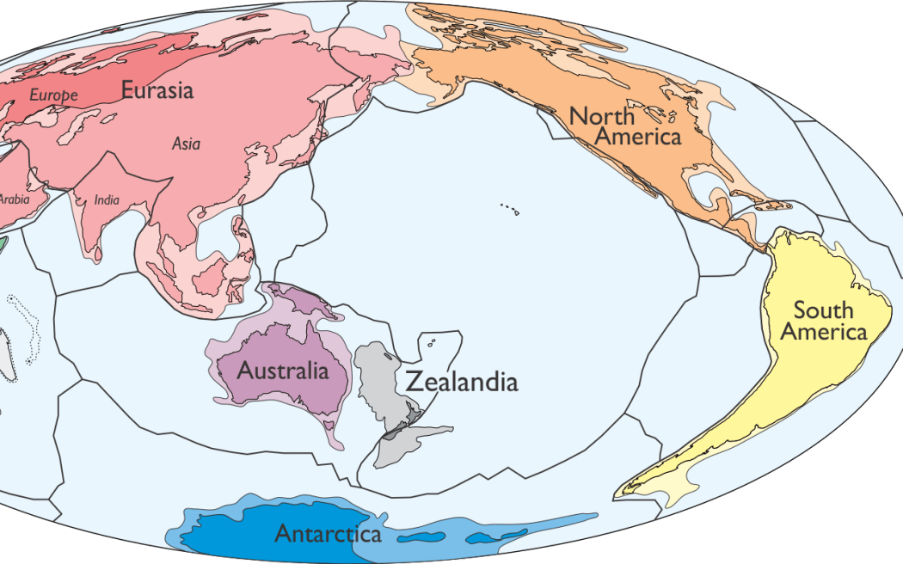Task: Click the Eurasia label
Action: [x=157, y=89]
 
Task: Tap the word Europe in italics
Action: [x=54, y=95]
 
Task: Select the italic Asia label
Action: [x=186, y=144]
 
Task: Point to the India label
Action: [x=107, y=200]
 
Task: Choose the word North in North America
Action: [x=602, y=116]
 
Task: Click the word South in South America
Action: [x=823, y=310]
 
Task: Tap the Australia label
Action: [x=283, y=371]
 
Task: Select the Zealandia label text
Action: [x=461, y=382]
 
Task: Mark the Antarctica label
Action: [x=328, y=534]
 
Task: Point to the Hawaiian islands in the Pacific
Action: [x=509, y=207]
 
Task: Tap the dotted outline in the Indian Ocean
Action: [x=25, y=328]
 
